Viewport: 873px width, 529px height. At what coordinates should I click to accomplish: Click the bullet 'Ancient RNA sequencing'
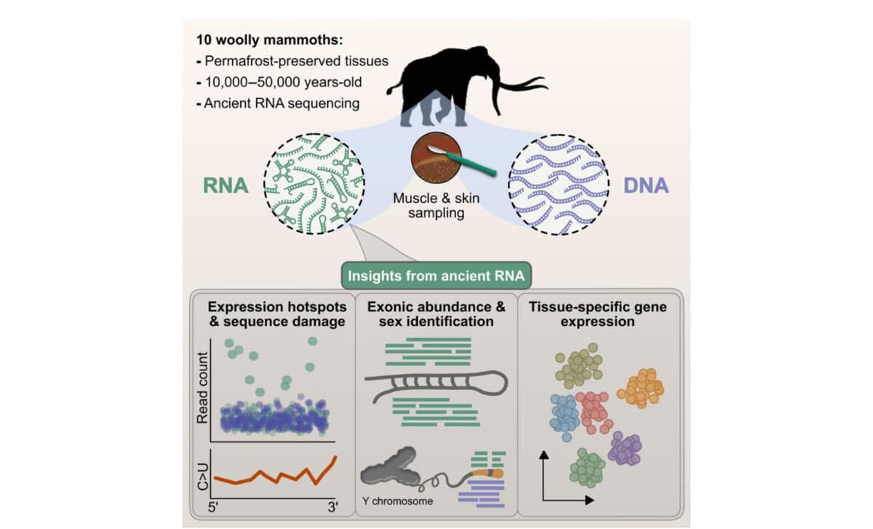pyautogui.click(x=281, y=103)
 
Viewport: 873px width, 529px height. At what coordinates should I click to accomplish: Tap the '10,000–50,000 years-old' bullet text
pyautogui.click(x=282, y=82)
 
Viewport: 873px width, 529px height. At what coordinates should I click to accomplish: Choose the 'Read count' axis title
pyautogui.click(x=203, y=387)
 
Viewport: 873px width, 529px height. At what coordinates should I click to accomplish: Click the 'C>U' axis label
pyautogui.click(x=203, y=474)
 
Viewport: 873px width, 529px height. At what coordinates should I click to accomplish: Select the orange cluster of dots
pyautogui.click(x=642, y=388)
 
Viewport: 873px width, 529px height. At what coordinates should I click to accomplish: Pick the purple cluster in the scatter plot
pyautogui.click(x=624, y=448)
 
